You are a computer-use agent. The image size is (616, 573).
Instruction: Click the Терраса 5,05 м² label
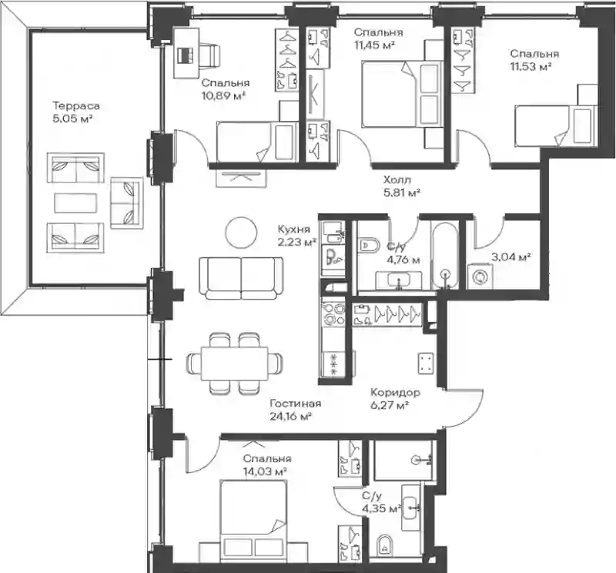point(75,112)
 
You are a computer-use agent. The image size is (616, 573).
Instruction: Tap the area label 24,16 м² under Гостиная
point(291,416)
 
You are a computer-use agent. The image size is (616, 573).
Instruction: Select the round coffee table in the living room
point(241,233)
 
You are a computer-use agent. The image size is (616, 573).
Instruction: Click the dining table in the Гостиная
point(235,364)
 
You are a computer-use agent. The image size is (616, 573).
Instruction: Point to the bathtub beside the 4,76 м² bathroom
point(445,255)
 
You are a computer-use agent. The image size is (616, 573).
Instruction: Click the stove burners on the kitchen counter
point(333,313)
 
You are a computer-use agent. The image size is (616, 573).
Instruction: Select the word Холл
point(397,180)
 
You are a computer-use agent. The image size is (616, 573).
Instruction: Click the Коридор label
point(395,392)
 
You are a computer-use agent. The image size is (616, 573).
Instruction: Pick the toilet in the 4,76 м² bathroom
point(370,245)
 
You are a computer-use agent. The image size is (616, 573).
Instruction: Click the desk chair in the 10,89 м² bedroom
point(210,55)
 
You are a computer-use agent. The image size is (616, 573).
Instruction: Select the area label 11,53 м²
point(531,66)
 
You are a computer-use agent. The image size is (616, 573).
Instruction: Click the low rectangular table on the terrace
point(75,203)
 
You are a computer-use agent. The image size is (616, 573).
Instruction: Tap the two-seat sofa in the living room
point(241,278)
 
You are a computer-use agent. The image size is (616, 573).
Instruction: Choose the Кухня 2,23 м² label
point(297,235)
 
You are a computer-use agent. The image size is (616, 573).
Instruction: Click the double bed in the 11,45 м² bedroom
point(403,94)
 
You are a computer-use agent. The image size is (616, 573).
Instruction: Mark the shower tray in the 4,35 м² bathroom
point(403,460)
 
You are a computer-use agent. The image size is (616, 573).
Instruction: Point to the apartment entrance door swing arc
point(474,414)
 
